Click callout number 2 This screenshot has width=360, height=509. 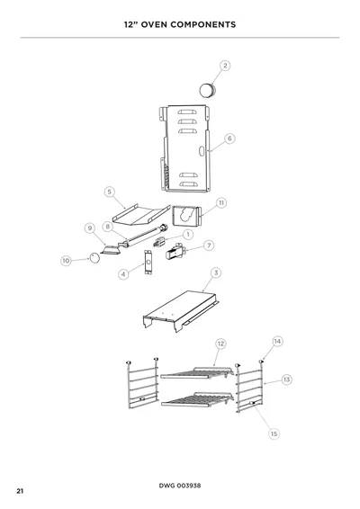225,66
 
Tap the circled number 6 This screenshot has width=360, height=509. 229,138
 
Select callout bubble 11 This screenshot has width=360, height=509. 221,203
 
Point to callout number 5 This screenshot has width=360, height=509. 110,192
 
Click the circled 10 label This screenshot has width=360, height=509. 66,261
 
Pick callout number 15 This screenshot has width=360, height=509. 274,433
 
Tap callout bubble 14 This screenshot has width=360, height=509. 277,341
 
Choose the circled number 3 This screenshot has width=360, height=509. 216,272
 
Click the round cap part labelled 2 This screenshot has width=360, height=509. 207,90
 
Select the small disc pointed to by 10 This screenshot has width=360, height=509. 94,258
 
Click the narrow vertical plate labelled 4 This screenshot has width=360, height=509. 148,263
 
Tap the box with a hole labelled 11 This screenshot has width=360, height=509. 186,216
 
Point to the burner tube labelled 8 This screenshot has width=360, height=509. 142,237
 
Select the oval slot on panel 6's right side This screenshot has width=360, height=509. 202,151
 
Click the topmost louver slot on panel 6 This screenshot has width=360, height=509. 187,112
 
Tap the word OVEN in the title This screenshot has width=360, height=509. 151,24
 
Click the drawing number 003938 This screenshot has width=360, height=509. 189,486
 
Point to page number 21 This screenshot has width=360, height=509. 20,491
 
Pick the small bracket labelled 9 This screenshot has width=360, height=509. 111,250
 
